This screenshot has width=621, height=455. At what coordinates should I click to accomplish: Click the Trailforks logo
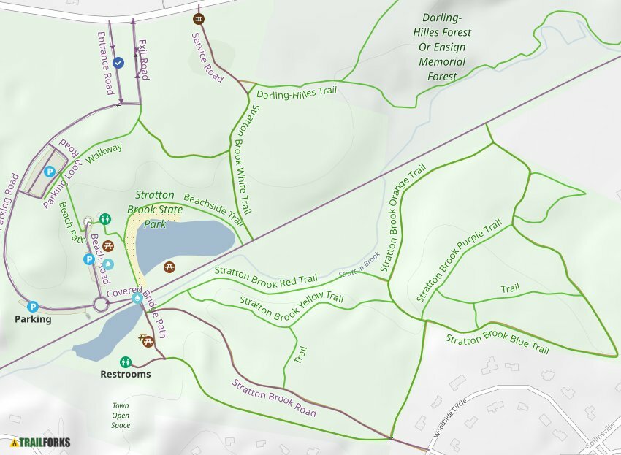(x=41, y=442)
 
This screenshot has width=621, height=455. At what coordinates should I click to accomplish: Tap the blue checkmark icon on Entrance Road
(x=118, y=64)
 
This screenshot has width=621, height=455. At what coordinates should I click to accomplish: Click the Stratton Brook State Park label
(x=155, y=210)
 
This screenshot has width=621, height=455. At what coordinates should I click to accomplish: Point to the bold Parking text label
(x=33, y=319)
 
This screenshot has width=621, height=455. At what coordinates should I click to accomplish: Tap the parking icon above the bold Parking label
(x=32, y=307)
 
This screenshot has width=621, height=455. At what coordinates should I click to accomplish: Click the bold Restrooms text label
(x=126, y=374)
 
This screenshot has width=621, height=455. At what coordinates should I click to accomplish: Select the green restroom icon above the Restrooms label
(x=126, y=362)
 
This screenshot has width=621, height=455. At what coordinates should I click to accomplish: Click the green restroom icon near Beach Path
(x=105, y=218)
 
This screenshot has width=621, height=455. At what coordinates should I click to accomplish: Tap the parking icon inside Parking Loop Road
(x=50, y=172)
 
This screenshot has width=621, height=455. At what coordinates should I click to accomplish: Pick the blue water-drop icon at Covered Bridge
(x=137, y=297)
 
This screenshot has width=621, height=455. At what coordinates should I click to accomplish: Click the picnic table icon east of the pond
(x=169, y=267)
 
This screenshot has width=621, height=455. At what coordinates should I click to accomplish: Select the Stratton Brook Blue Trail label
(x=497, y=343)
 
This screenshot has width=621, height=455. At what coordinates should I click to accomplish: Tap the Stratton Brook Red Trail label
(x=266, y=275)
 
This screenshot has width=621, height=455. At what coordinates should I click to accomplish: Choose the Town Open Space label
(x=121, y=416)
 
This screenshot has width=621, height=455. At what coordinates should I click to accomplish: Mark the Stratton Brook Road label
(x=274, y=397)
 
